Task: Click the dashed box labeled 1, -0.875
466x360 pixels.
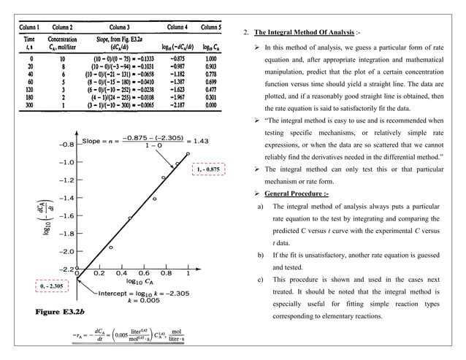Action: point(208,169)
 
